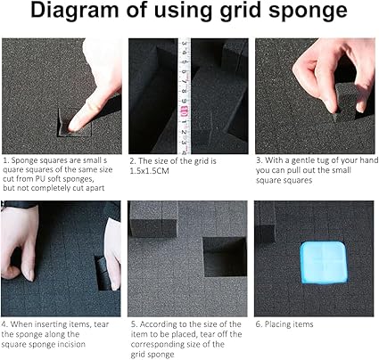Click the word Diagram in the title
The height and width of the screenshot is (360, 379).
point(75,11)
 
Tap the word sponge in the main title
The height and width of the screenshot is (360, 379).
point(308,12)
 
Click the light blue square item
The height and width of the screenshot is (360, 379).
point(324,262)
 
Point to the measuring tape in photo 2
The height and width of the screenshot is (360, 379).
point(185,95)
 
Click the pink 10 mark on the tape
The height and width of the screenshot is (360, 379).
point(184,112)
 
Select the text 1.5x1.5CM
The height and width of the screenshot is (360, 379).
point(150,171)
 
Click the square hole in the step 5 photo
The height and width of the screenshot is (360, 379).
point(225,257)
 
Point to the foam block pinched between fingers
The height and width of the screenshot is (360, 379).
point(346,100)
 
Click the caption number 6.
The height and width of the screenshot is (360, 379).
point(258,324)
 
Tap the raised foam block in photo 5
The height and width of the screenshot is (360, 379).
point(153,219)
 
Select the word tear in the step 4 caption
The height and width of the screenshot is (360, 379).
point(102,324)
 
